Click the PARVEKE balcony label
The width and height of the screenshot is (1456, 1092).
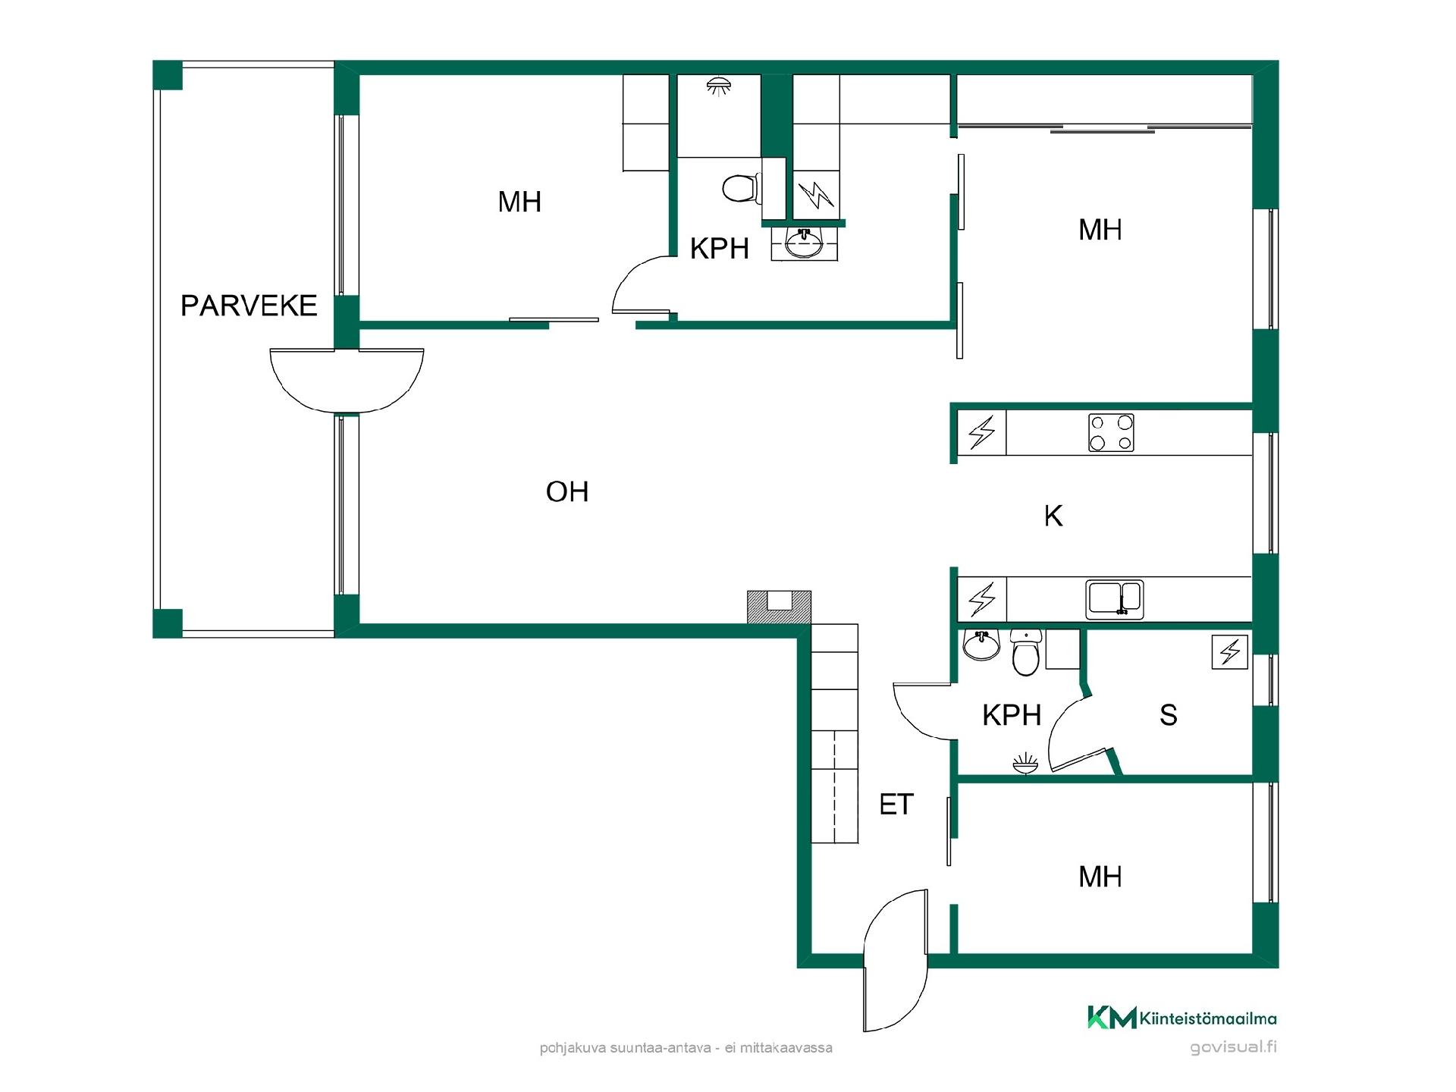(249, 306)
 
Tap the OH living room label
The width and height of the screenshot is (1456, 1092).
(567, 492)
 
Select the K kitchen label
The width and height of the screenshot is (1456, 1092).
(1053, 516)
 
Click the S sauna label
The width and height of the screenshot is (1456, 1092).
(1169, 715)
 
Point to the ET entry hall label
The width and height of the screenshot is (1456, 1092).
(896, 805)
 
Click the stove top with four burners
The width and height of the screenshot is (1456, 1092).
(1111, 432)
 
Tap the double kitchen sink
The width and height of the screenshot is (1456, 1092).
(1115, 599)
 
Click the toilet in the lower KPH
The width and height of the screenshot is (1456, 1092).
(1025, 652)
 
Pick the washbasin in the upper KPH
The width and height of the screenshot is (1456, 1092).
(805, 243)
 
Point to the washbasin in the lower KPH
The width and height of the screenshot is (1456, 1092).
(981, 645)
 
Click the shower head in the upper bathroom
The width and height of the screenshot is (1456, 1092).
(717, 86)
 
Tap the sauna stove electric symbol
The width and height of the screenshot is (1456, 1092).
(1230, 651)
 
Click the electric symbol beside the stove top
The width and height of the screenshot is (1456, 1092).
(982, 433)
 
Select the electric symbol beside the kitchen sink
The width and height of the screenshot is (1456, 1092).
(982, 599)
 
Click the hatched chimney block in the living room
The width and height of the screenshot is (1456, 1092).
(780, 607)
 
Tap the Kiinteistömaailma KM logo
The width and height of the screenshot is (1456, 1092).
(1181, 1018)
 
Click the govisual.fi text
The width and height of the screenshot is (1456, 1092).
(1233, 1047)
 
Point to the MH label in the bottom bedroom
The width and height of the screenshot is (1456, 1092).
(1100, 877)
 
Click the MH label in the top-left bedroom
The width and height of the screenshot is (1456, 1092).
(519, 202)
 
